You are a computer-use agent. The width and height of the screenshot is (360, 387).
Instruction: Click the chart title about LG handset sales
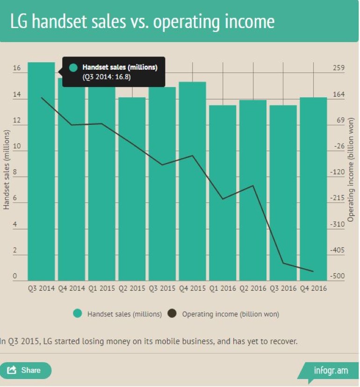(143, 21)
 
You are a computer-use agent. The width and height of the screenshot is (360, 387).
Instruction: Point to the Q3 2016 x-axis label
(283, 288)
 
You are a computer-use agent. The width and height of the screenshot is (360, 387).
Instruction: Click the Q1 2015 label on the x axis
(101, 288)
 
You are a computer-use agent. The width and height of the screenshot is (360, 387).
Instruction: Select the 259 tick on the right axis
(338, 69)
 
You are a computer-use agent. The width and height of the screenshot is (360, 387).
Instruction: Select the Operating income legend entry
(224, 314)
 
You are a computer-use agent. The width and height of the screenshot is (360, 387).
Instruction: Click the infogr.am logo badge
(330, 371)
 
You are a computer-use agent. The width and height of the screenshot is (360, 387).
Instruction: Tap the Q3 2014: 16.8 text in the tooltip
(107, 77)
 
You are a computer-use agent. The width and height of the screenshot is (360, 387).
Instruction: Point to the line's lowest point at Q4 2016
(313, 271)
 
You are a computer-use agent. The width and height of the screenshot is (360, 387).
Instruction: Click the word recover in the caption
(283, 342)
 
